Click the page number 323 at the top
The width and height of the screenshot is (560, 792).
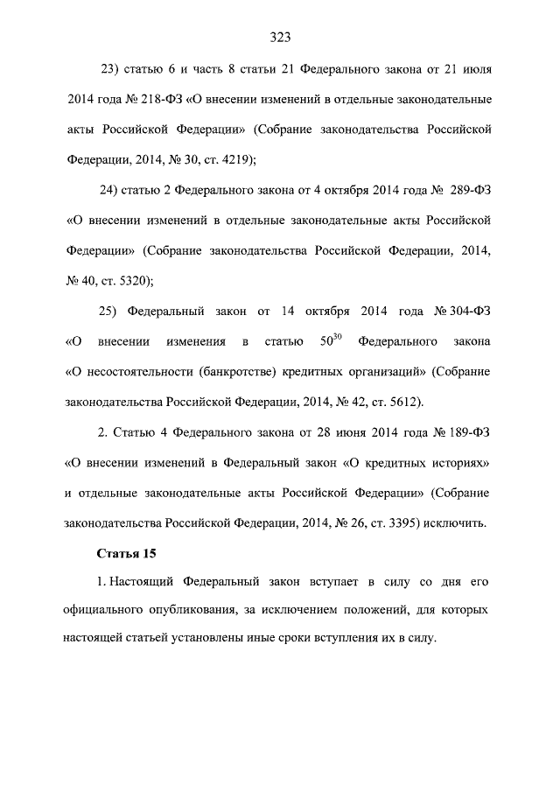point(280,37)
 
